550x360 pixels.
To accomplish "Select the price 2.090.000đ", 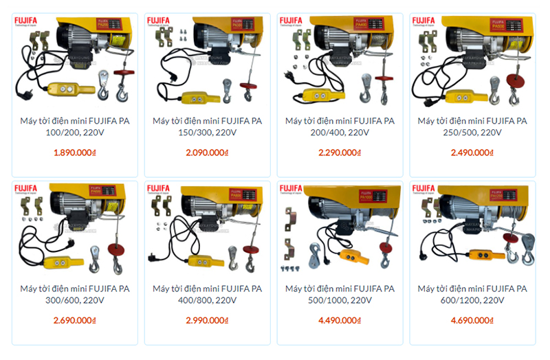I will coord(207,153).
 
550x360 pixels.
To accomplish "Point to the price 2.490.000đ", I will coord(472,153).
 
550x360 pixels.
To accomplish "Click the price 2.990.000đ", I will coord(207,320).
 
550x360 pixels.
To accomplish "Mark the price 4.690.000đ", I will coord(472,320).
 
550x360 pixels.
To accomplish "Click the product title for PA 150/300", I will coord(207,126).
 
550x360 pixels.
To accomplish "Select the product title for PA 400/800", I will coord(207,294).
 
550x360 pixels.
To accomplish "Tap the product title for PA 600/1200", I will coord(472,294).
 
